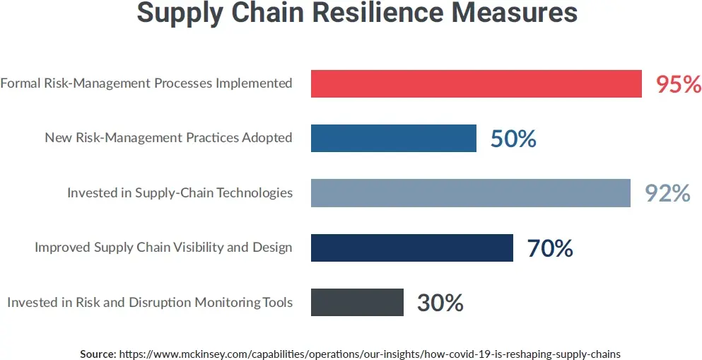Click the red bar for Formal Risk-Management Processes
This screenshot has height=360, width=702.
476,83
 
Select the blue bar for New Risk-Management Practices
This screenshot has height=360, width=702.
393,138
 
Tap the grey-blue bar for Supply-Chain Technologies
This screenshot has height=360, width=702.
470,192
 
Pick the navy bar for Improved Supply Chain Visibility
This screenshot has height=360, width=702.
411,248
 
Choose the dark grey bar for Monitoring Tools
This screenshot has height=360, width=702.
357,302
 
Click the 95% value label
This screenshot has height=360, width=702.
678,84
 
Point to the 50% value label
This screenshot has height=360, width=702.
513,139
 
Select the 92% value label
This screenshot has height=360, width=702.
667,193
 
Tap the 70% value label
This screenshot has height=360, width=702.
549,248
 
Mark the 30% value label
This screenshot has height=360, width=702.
440,303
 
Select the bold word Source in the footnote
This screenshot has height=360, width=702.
98,353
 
